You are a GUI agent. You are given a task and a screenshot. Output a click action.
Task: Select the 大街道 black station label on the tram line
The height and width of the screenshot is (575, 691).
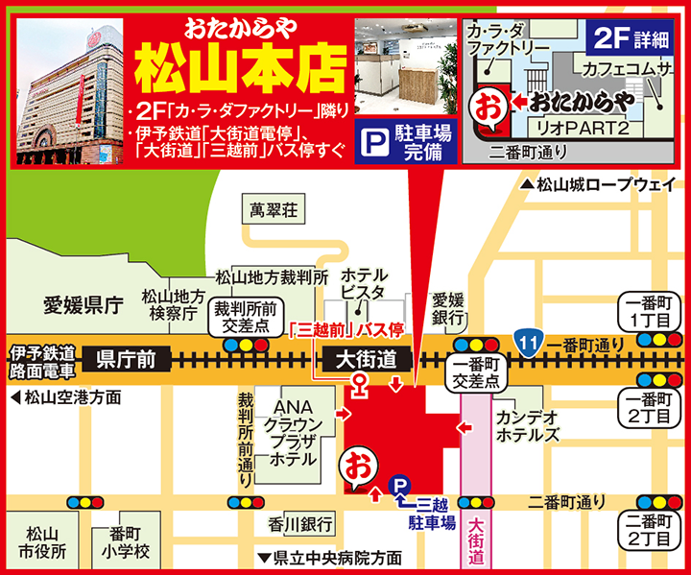(x=369, y=360)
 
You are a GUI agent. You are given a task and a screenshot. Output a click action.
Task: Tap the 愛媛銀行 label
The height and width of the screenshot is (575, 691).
(x=448, y=307)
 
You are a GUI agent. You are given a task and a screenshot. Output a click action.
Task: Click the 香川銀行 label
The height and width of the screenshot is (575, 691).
(x=300, y=524)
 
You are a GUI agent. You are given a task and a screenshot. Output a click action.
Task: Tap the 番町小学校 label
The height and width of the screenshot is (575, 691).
(x=128, y=543)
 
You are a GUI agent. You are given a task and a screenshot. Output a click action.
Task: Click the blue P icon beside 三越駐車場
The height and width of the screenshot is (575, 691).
(x=397, y=488)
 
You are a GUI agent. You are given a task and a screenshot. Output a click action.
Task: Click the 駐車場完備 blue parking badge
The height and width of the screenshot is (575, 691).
(x=403, y=142)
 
